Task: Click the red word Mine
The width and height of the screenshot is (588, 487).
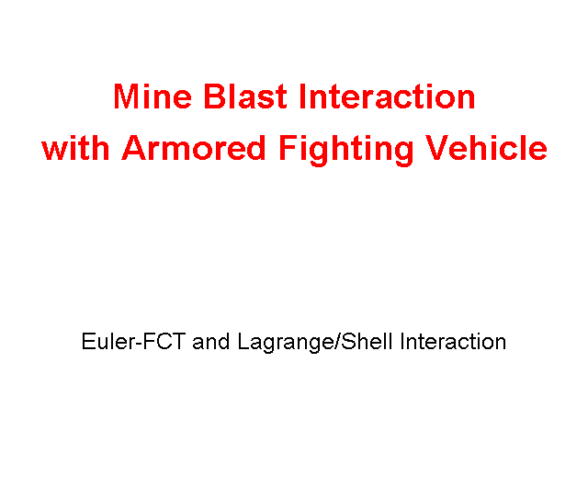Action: pos(153,96)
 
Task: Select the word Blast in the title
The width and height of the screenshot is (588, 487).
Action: pos(245,96)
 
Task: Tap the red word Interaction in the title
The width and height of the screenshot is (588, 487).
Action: pos(387,96)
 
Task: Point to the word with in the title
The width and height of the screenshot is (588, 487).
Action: pos(75,148)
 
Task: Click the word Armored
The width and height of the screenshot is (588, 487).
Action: pos(194,148)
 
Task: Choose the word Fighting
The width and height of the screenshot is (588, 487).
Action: pos(345,151)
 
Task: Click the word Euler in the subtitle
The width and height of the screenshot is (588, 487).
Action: pos(107,342)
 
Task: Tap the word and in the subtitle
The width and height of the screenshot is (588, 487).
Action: pos(210,342)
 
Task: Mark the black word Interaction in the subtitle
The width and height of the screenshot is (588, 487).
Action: pos(453,342)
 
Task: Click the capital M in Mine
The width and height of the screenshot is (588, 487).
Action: pos(127,96)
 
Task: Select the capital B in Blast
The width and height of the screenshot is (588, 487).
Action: pos(214,96)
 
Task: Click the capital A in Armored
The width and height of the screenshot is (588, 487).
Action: pos(135,148)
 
